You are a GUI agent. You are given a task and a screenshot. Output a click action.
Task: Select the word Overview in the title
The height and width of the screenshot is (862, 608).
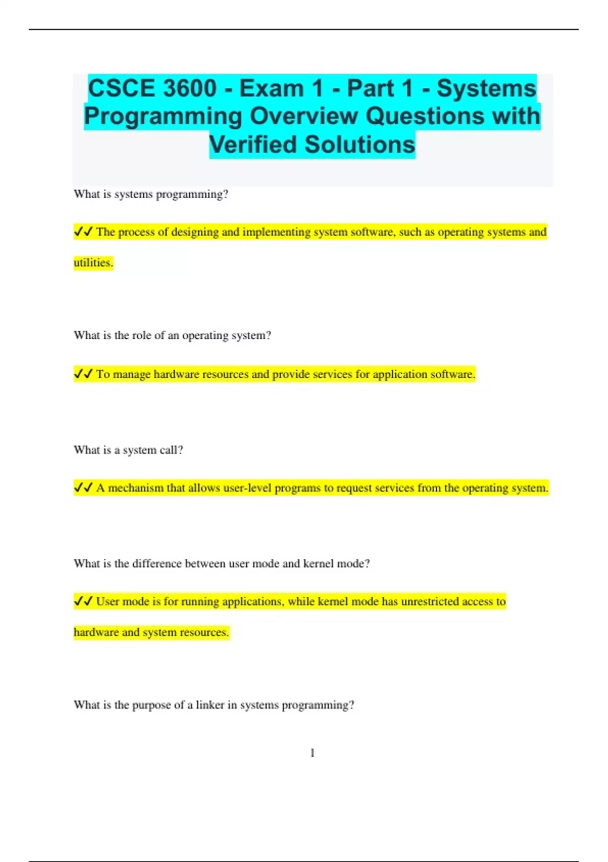point(303,117)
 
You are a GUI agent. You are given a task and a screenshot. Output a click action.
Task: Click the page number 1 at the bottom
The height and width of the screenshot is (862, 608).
point(312,753)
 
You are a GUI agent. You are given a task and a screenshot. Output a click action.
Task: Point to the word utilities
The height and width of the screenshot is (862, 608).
point(93,263)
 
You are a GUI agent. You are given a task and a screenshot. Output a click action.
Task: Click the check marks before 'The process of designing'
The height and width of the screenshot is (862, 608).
point(83,232)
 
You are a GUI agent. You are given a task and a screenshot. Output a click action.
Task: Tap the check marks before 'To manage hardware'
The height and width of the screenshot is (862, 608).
point(83,374)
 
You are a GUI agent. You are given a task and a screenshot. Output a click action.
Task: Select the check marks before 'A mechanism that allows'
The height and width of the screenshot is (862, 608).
point(83,488)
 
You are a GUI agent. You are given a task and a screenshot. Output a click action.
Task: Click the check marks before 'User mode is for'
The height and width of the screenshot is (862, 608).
point(83,601)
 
